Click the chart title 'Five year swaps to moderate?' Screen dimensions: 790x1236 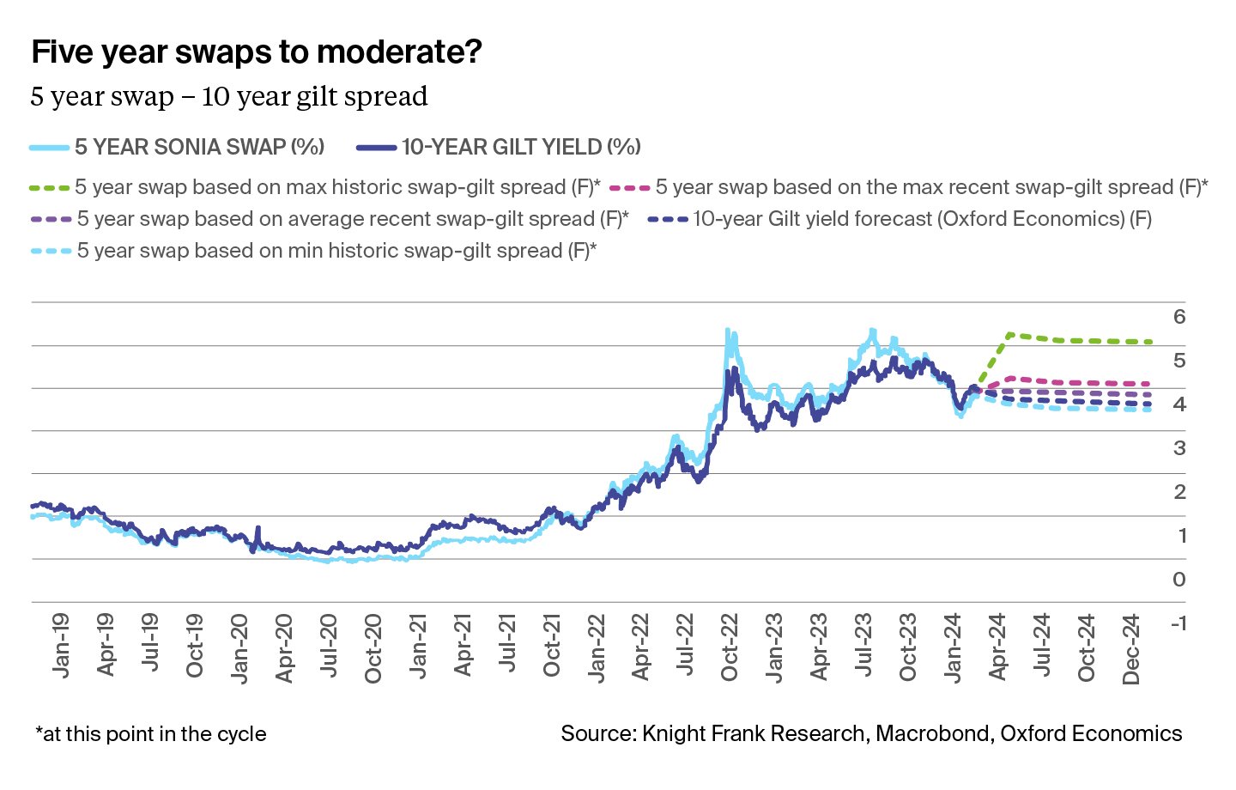[x=257, y=52]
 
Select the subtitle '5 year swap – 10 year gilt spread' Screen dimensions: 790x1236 [x=229, y=96]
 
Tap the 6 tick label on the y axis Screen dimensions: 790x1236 [x=1179, y=317]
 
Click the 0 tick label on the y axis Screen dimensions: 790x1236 [x=1179, y=580]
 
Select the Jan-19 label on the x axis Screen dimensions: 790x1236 [x=60, y=645]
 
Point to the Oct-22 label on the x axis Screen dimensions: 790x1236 [x=730, y=647]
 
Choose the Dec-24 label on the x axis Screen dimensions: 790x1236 [x=1131, y=649]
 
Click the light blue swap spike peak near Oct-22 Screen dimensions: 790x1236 [x=727, y=330]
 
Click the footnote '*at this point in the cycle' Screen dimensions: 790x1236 [x=151, y=734]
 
